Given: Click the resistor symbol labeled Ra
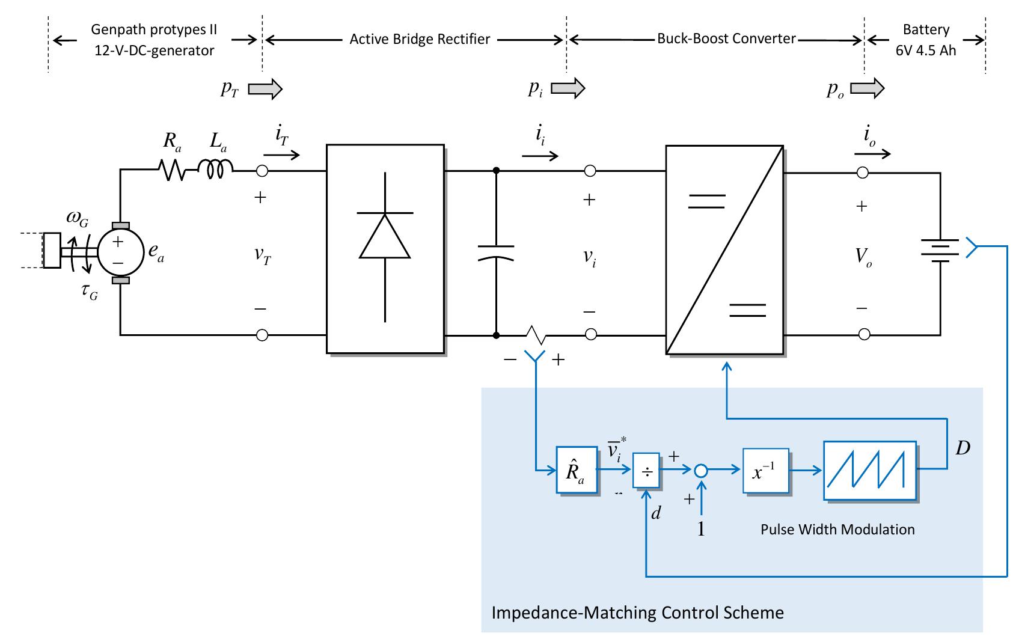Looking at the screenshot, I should pos(174,171).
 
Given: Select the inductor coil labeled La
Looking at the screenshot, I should pos(215,170).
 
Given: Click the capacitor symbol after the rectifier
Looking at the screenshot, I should pos(496,252).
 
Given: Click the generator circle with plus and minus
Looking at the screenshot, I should pos(118,251).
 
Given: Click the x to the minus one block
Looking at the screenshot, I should pos(765,471).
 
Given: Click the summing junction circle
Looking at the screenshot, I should pos(701,471).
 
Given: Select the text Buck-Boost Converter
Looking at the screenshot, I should pos(726,39).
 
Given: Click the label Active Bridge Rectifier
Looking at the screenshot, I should pos(420,40).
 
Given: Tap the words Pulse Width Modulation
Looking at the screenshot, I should pos(837,530).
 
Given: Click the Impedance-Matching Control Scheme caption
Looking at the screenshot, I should pos(637,613).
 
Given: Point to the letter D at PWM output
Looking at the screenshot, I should pos(963,448).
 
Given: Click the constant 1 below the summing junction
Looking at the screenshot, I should pos(700,530).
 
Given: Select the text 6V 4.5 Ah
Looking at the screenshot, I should pos(926,50).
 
